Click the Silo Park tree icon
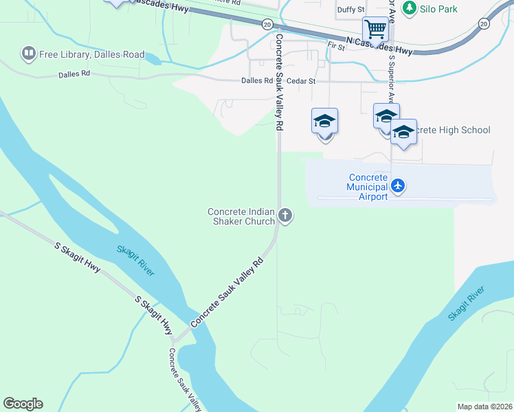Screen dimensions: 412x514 [410, 8]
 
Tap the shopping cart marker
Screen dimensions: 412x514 [375, 29]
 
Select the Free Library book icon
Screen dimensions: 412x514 [28, 53]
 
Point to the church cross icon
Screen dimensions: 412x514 [285, 216]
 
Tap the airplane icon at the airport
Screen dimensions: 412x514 [398, 185]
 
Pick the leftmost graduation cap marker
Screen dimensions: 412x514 [324, 122]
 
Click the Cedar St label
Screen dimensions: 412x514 [301, 81]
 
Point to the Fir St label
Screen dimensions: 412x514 [336, 45]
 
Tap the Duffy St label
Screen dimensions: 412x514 [350, 10]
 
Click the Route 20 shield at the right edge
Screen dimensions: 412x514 [484, 23]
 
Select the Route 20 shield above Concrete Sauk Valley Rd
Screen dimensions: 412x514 [267, 24]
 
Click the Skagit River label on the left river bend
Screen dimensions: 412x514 [135, 261]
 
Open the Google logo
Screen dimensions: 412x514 [23, 404]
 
